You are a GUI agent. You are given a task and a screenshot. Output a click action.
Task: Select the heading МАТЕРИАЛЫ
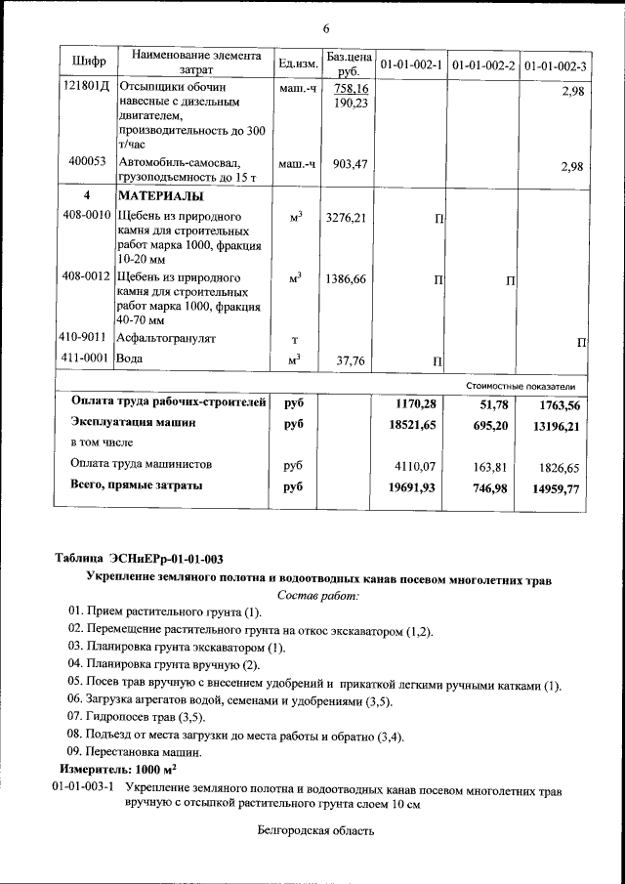(161, 195)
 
